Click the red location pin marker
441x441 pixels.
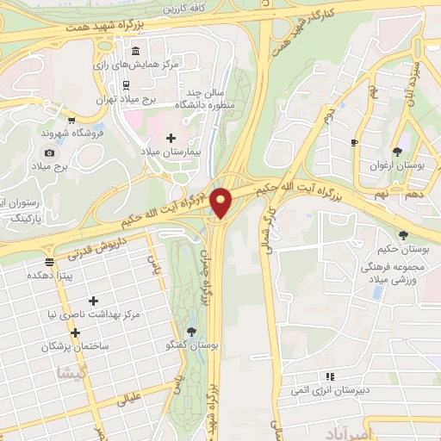(222, 201)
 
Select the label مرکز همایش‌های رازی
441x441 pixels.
(140, 64)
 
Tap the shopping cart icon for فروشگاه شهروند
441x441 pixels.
(71, 120)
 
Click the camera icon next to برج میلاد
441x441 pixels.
(49, 152)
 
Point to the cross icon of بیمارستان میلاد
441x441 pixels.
(171, 138)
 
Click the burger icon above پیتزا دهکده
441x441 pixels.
(49, 260)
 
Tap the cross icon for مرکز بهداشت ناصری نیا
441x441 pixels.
(92, 301)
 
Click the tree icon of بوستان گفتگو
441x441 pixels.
(191, 332)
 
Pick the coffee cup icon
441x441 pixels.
(354, 141)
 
